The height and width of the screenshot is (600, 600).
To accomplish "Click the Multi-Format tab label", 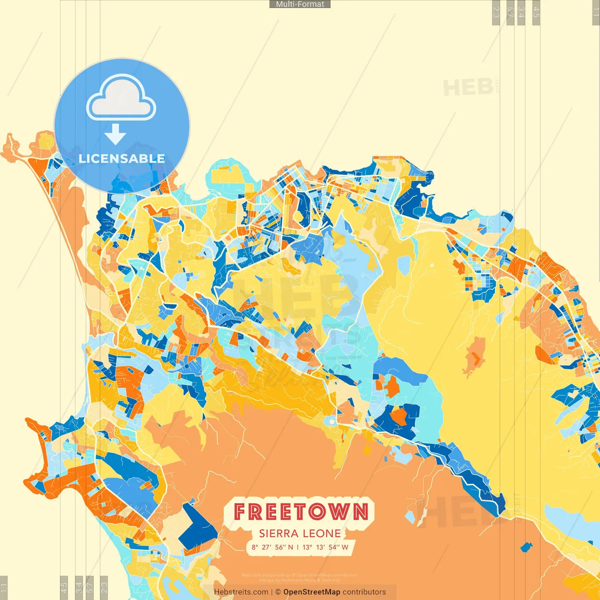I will (300, 4).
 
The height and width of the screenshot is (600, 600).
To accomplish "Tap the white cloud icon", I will (121, 99).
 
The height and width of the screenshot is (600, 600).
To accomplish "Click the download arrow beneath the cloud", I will (115, 135).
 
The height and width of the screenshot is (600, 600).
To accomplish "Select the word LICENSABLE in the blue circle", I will (121, 158).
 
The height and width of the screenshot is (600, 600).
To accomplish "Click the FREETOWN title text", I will (300, 511).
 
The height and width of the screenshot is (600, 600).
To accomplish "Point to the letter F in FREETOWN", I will (240, 511).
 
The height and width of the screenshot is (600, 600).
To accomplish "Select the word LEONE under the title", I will (322, 533).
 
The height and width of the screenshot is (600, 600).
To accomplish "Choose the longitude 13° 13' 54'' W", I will (325, 547).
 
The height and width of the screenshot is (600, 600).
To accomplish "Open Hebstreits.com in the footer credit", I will (241, 592).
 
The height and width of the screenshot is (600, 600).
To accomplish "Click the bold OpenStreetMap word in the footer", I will (312, 592).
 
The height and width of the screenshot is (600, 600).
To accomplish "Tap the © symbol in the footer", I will (278, 592).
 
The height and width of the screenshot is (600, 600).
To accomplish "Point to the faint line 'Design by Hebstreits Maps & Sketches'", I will (300, 580).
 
